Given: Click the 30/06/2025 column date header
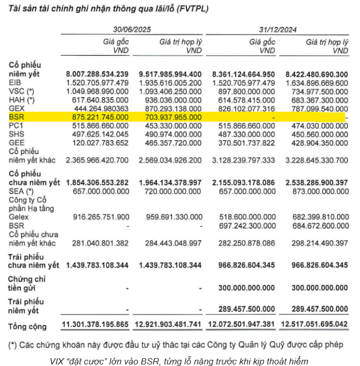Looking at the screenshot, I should [x=132, y=30].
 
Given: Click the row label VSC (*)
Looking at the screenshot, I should [x=21, y=92].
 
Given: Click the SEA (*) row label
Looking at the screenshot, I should [x=21, y=192].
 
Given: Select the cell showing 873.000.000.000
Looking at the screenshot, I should [x=316, y=192].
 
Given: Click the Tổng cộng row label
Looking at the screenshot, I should [x=27, y=327].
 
